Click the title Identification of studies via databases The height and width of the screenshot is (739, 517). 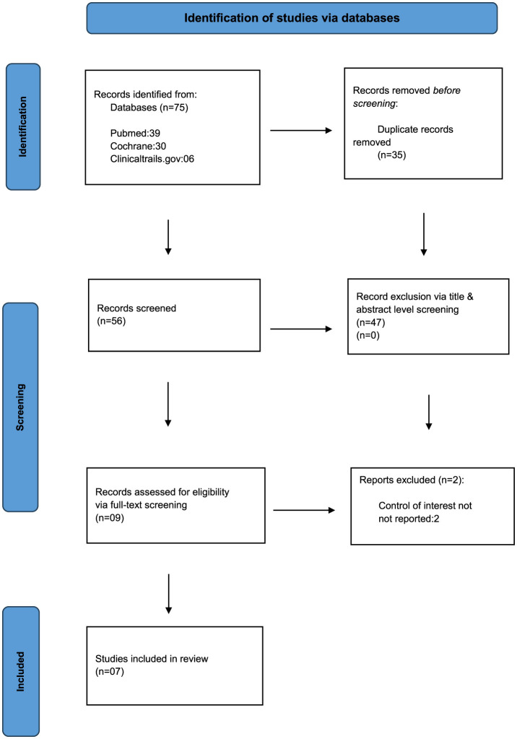292,18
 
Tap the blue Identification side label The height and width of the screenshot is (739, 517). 23,127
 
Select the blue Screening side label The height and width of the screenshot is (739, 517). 20,407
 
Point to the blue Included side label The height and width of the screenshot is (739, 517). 21,671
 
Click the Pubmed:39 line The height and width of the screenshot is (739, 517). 135,133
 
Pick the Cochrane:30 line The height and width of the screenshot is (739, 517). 138,146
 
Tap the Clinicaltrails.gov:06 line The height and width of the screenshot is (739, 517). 152,159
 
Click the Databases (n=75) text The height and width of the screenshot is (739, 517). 149,108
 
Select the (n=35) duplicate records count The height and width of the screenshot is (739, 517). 391,155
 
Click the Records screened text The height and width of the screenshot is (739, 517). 136,308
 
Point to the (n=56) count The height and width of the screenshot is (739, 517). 111,321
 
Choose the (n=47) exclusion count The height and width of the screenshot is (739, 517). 370,323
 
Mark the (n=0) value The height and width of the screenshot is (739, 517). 368,336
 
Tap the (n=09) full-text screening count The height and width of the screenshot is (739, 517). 110,518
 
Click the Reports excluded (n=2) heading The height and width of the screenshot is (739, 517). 412,480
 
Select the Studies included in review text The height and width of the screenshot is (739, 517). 152,659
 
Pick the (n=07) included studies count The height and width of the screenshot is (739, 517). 110,672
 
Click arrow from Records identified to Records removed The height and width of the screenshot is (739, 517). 301,131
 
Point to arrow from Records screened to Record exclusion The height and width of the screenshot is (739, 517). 301,329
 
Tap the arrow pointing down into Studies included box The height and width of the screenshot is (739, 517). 169,594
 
